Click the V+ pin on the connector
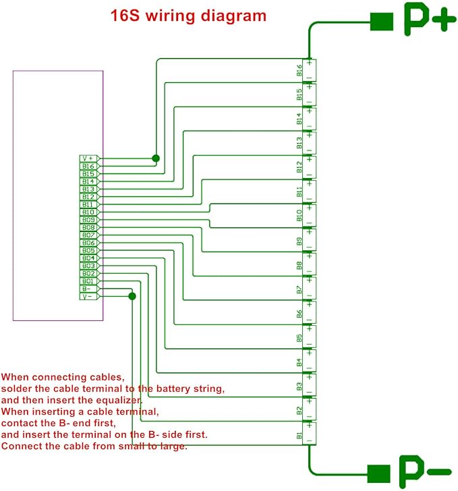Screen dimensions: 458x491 tap(89, 158)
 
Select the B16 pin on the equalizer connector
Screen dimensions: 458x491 tap(89, 167)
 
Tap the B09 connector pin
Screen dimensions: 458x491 tap(89, 220)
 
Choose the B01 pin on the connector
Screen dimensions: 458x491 tap(89, 281)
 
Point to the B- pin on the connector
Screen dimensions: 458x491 tap(89, 289)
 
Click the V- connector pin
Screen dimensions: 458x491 tap(89, 296)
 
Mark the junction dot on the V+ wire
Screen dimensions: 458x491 tap(156, 158)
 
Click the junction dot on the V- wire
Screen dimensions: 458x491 tap(132, 296)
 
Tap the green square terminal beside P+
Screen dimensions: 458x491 tap(382, 22)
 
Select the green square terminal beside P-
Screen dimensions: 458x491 tap(378, 473)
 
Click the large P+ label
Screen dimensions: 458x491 tap(430, 20)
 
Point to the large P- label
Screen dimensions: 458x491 tap(425, 471)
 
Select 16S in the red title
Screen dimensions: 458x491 tap(125, 16)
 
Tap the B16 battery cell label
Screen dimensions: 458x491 tap(299, 70)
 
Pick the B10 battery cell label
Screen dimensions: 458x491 tap(299, 215)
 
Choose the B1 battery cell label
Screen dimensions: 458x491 tap(299, 436)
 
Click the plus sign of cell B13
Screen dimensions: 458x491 tap(309, 136)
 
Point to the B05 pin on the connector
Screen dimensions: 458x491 tap(89, 250)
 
